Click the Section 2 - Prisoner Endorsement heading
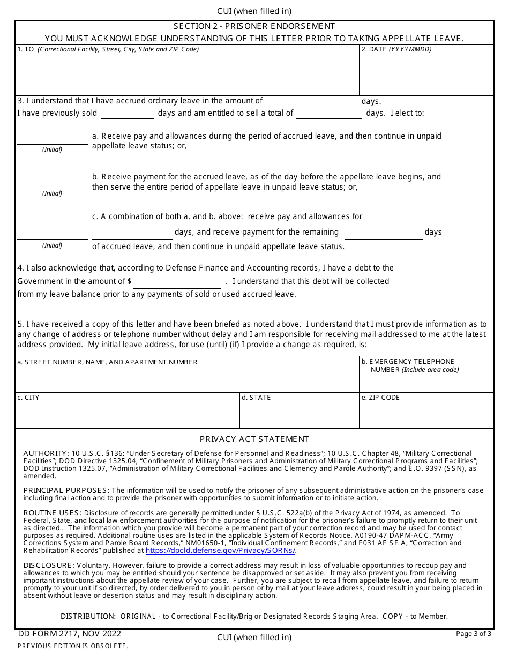(x=254, y=26)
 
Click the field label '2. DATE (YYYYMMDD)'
(x=396, y=49)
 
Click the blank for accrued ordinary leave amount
(x=311, y=102)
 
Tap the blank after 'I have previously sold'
(x=127, y=114)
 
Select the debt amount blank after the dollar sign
(x=177, y=283)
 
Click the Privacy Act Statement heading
(x=254, y=439)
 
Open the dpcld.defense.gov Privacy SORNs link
(x=220, y=550)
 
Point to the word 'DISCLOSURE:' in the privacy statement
(x=49, y=565)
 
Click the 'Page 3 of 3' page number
(x=473, y=634)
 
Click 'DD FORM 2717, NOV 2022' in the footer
(x=70, y=634)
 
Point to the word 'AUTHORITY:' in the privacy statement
(x=46, y=453)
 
